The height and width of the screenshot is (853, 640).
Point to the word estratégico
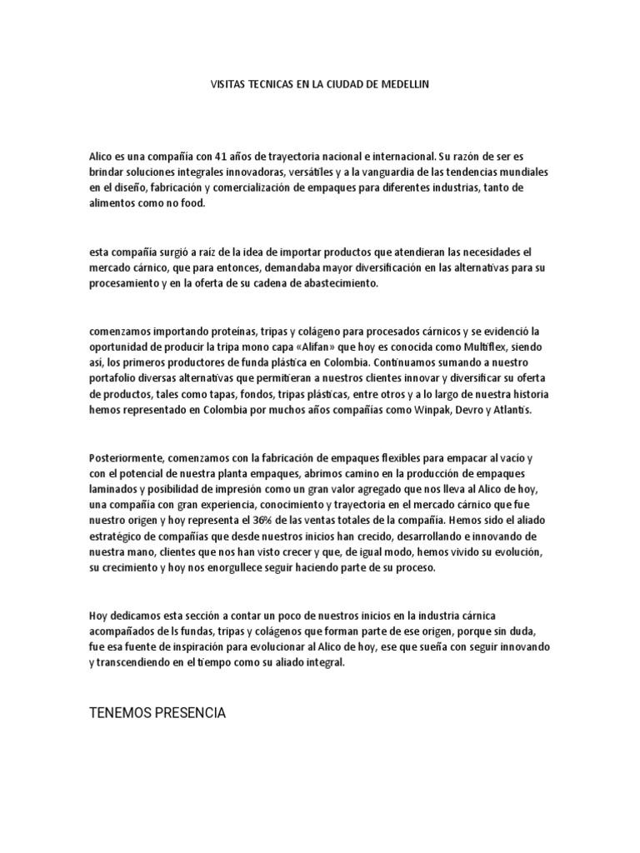tap(120, 537)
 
